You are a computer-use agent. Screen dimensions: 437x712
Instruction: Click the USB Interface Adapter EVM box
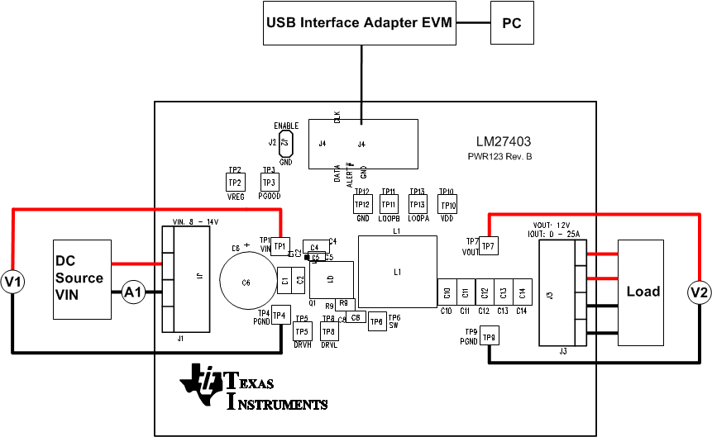coord(360,23)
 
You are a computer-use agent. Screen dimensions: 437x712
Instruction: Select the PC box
coord(512,23)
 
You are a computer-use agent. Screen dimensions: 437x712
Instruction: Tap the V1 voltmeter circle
coord(13,283)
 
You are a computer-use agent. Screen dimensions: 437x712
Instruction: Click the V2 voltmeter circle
coord(700,292)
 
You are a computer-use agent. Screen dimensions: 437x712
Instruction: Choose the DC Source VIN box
coord(82,279)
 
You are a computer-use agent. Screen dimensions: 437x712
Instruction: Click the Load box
coord(641,292)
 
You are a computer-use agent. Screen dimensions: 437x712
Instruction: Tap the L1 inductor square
coord(397,272)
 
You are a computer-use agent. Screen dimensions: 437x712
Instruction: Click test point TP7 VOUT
coord(488,245)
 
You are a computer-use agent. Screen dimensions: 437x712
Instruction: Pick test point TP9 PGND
coord(489,337)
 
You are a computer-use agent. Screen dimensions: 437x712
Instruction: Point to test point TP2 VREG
coord(235,182)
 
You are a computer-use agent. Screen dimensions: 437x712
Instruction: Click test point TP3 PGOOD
coord(268,182)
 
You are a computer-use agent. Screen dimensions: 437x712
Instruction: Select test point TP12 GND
coord(361,204)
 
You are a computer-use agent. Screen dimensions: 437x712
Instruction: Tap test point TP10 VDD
coord(447,204)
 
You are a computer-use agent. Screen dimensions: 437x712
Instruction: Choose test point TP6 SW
coord(376,322)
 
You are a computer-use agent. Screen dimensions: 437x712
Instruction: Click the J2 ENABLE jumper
coord(286,143)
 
